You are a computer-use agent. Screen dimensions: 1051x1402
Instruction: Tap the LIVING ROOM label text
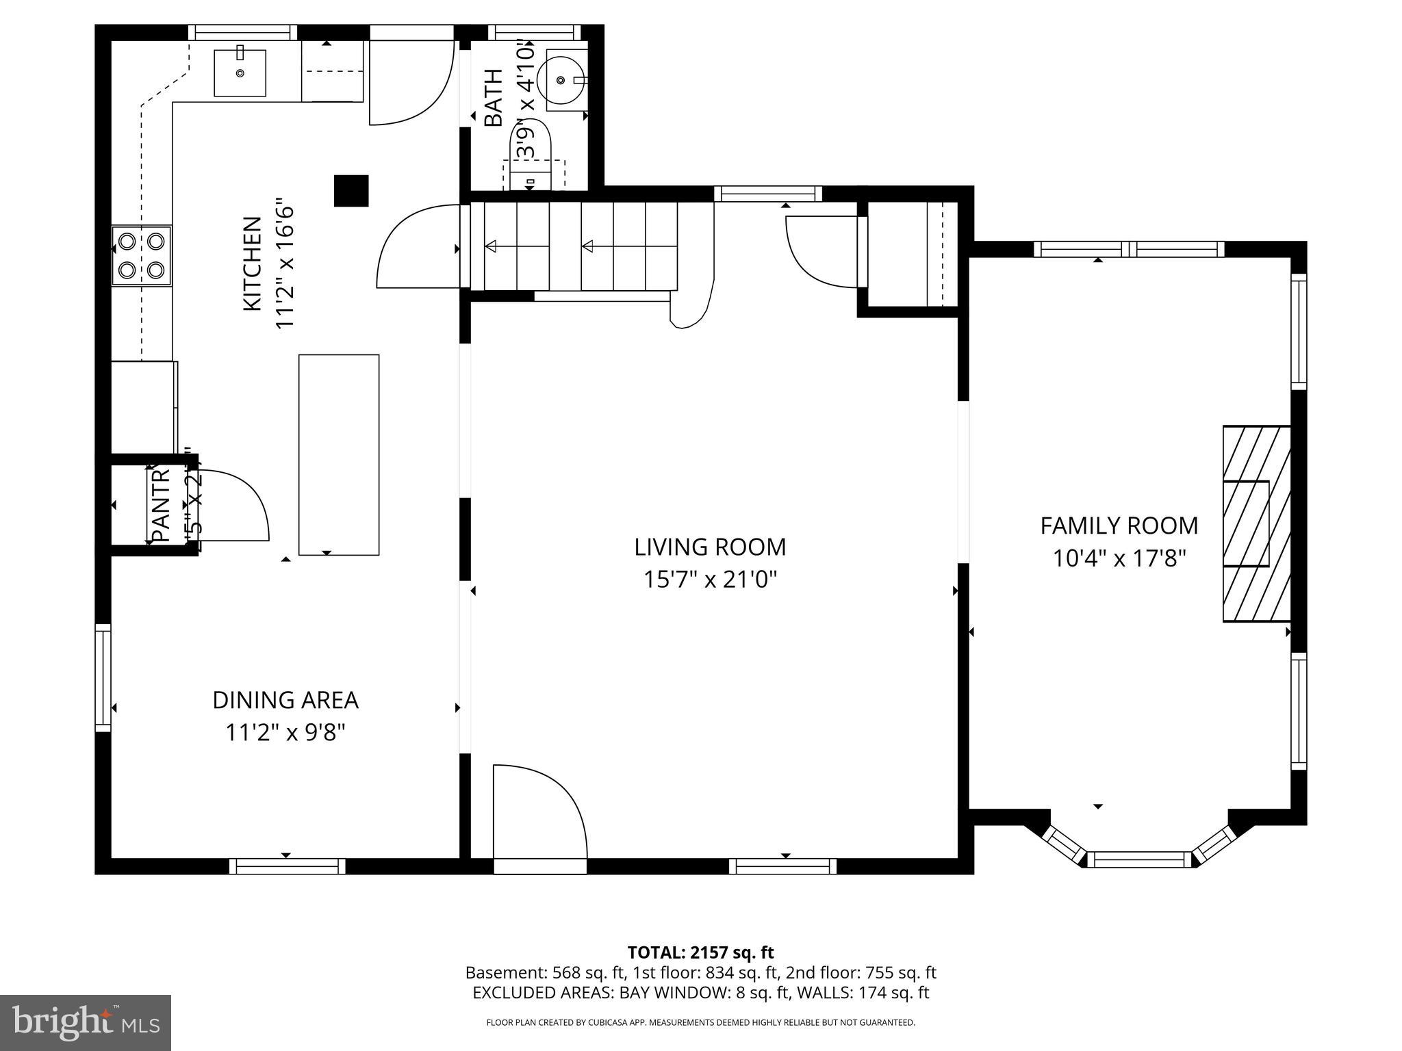pos(710,547)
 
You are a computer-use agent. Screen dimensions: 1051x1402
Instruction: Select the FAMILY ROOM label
pos(1119,525)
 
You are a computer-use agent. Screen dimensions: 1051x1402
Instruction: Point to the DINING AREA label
pos(285,700)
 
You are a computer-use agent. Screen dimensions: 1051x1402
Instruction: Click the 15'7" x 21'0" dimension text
pos(710,580)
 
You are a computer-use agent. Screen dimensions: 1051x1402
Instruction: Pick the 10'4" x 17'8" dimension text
pos(1119,558)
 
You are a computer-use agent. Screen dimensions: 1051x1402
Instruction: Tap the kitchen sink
pos(240,73)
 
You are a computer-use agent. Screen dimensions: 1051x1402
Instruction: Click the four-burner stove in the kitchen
pos(142,256)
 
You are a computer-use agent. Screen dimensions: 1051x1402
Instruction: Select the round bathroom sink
pos(561,80)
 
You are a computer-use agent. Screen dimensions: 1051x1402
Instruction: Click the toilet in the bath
pos(531,156)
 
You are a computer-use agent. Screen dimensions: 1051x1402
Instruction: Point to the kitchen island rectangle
pos(339,454)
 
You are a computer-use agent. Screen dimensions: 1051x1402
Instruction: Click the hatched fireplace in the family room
pos(1257,523)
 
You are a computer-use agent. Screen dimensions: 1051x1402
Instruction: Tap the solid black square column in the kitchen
pos(351,191)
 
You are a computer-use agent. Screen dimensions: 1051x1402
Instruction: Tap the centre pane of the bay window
pos(1139,859)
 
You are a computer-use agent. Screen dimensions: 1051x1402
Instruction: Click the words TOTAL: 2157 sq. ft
pos(700,952)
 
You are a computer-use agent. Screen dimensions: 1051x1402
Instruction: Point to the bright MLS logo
pos(86,1022)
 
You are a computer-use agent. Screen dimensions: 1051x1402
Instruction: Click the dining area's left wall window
pos(103,677)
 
